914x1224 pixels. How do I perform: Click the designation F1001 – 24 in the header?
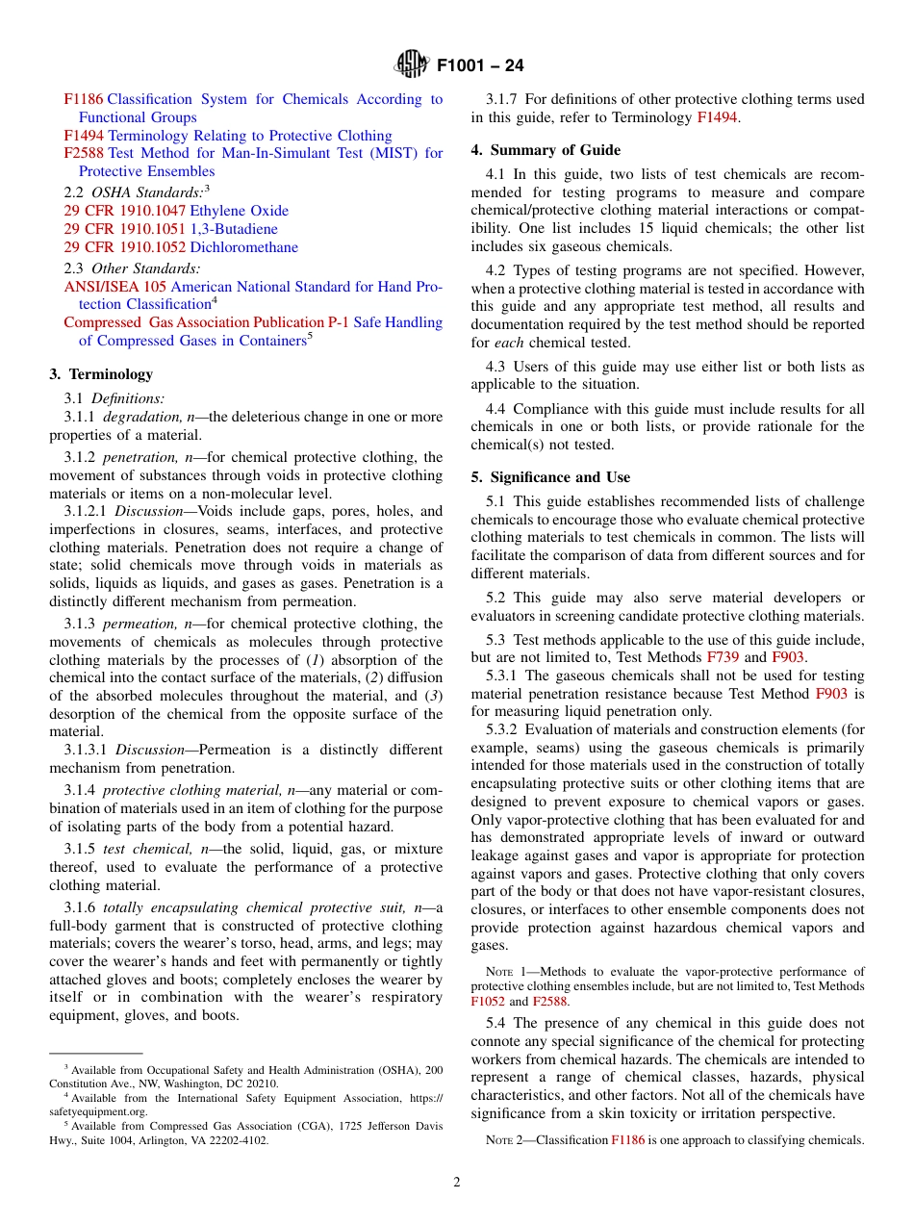[480, 66]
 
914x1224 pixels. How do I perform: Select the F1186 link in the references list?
[84, 99]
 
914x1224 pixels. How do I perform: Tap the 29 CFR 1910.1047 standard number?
[125, 211]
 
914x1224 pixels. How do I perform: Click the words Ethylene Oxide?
[239, 211]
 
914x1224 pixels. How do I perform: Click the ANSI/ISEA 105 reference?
[115, 287]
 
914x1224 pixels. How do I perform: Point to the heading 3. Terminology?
[101, 374]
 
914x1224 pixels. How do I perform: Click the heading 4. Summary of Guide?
[546, 150]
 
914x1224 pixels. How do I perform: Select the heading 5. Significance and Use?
[550, 477]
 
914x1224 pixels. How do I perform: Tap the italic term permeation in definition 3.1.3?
[139, 625]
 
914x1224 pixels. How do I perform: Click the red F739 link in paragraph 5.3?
[723, 657]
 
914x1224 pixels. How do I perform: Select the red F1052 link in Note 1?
[487, 1002]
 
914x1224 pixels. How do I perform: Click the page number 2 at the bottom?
[457, 1183]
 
